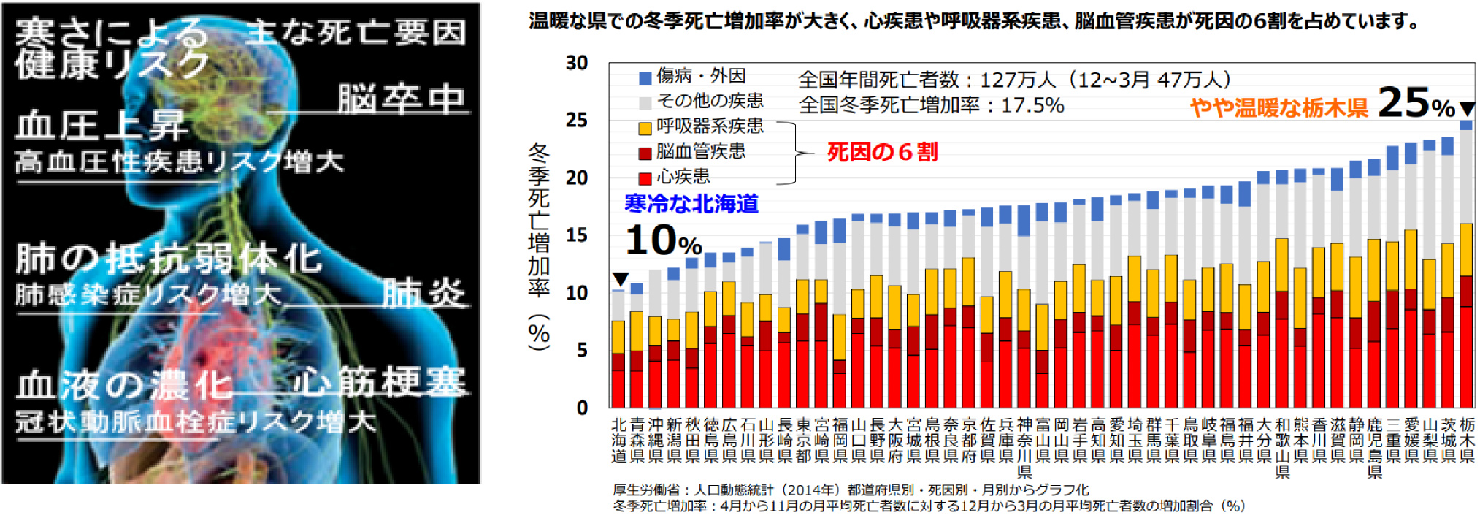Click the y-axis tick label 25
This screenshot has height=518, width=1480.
pos(576,120)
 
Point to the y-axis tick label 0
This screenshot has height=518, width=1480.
pos(581,408)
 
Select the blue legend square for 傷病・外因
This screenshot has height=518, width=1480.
pos(645,77)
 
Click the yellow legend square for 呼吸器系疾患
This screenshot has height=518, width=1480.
pos(645,128)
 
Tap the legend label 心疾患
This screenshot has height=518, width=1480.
pos(683,177)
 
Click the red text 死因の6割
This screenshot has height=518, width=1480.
pos(882,152)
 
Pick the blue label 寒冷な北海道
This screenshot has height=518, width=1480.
pos(691,204)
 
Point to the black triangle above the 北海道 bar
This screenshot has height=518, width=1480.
pos(620,279)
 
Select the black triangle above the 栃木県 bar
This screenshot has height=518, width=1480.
pos(1467,109)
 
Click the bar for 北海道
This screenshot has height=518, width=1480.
pos(618,351)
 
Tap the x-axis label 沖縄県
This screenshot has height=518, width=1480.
pos(655,440)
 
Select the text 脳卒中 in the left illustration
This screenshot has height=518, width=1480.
pos(401,99)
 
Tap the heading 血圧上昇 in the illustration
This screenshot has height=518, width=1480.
pos(102,126)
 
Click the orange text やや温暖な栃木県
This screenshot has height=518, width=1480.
pos(1278,108)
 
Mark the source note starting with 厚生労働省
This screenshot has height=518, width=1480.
pos(851,490)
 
